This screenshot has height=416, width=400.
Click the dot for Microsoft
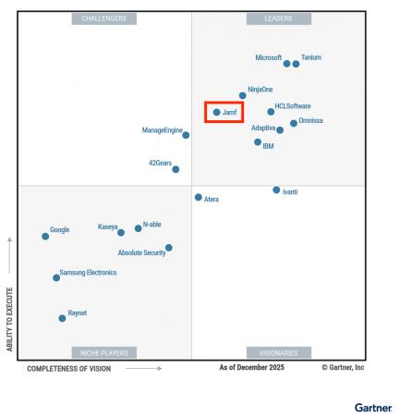(x=287, y=64)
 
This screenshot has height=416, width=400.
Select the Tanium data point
(x=297, y=64)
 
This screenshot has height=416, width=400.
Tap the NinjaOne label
(x=261, y=89)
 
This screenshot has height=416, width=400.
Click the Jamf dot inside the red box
(x=217, y=112)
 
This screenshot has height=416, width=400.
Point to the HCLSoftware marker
(x=271, y=112)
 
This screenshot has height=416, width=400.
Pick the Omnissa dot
(x=294, y=123)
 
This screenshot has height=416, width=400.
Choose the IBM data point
(x=258, y=142)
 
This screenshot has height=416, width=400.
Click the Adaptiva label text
(x=263, y=128)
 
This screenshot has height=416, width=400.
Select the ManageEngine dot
(x=186, y=135)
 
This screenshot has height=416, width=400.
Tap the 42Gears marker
(x=176, y=169)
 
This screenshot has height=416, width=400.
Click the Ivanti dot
(x=276, y=190)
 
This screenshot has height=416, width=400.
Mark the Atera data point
(x=198, y=197)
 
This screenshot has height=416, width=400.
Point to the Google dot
(x=45, y=236)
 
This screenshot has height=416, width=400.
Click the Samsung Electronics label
(x=88, y=273)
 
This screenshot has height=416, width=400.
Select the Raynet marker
(x=62, y=317)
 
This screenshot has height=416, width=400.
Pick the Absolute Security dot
(x=168, y=247)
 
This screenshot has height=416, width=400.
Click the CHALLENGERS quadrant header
(x=104, y=18)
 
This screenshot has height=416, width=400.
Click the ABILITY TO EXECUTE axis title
(x=10, y=317)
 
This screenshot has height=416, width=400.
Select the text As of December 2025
(x=251, y=368)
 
